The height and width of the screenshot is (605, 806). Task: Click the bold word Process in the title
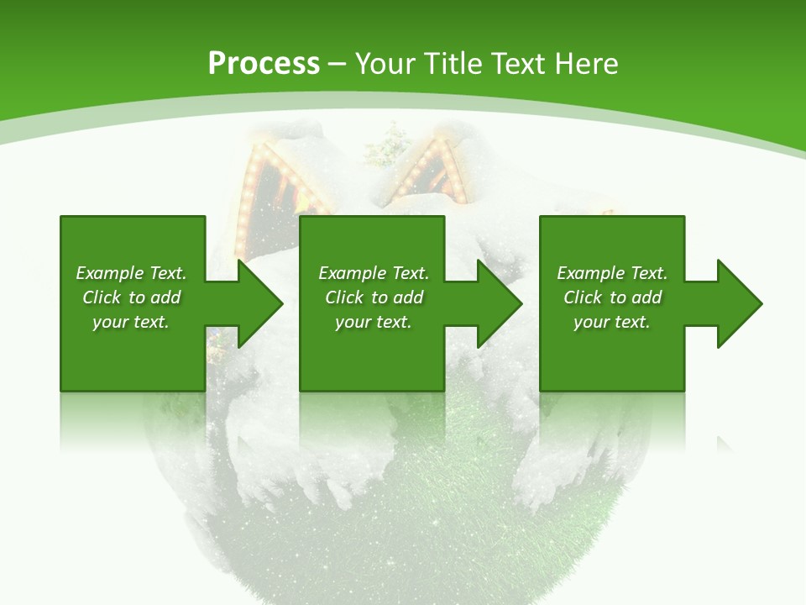tap(264, 64)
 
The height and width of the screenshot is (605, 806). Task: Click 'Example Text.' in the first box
tap(131, 273)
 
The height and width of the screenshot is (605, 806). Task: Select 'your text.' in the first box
tap(131, 322)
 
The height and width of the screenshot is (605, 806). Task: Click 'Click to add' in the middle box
tap(374, 297)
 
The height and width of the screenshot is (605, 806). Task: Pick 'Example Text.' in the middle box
tap(374, 273)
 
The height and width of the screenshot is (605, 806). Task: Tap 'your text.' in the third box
tap(612, 322)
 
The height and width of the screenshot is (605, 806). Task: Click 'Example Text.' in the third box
tap(612, 273)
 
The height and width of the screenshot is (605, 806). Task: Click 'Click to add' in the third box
tap(612, 297)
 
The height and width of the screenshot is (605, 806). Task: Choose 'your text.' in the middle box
tap(374, 322)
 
